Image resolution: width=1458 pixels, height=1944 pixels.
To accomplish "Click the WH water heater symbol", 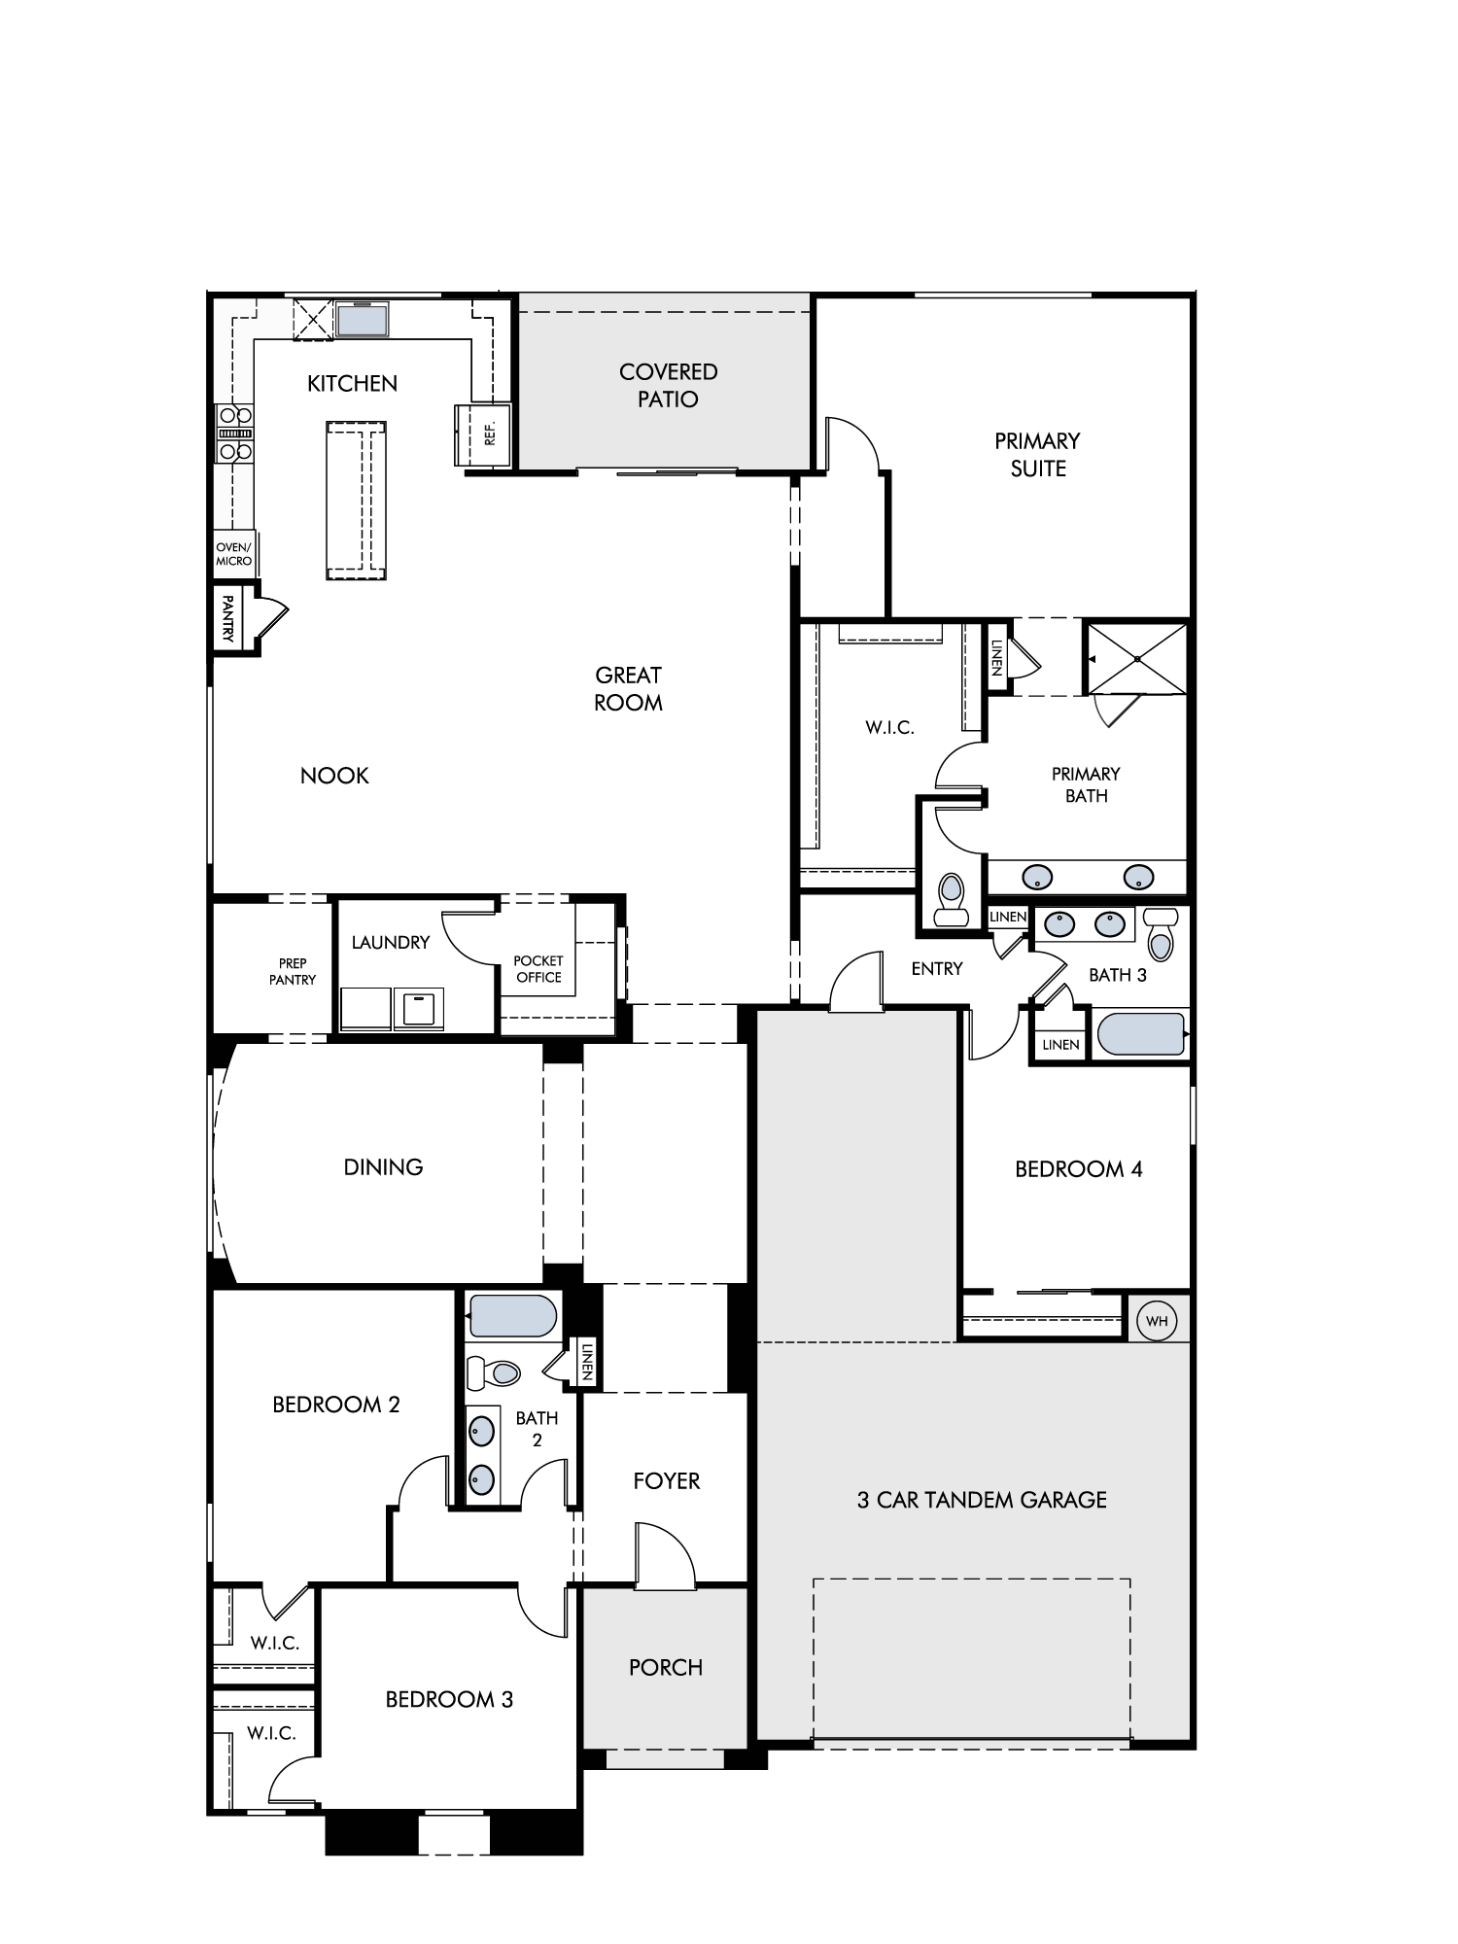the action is [x=1157, y=1321].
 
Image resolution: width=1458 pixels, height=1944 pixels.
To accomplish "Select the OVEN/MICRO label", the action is [x=233, y=554].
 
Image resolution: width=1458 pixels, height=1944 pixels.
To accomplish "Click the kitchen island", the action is [x=356, y=501].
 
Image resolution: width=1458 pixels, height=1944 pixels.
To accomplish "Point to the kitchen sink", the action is [x=362, y=319].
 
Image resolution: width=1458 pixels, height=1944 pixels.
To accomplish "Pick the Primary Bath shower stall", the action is [x=1136, y=658].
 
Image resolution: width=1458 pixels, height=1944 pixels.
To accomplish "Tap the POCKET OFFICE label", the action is [x=538, y=969].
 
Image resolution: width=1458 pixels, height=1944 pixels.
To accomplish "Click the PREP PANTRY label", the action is [x=293, y=971].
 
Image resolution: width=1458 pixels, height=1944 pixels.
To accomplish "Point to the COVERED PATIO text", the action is [x=669, y=385].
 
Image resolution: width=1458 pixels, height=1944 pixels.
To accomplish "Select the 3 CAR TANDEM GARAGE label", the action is [x=982, y=1500].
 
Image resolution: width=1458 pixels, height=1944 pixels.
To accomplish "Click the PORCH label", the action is [x=666, y=1667].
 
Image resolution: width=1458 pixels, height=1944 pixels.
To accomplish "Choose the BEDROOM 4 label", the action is [x=1079, y=1169].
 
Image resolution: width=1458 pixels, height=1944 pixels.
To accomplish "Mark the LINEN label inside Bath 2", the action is [x=586, y=1361].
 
